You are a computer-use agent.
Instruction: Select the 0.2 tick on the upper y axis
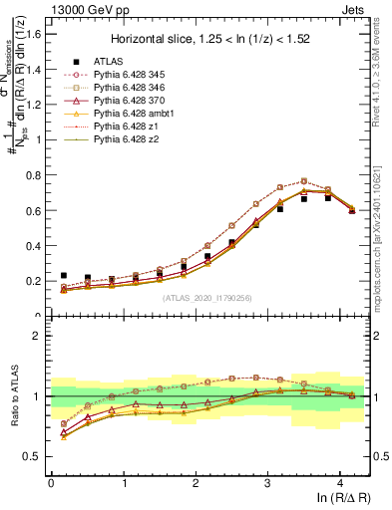click(34, 281)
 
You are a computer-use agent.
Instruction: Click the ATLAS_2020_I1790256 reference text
click(207, 298)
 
